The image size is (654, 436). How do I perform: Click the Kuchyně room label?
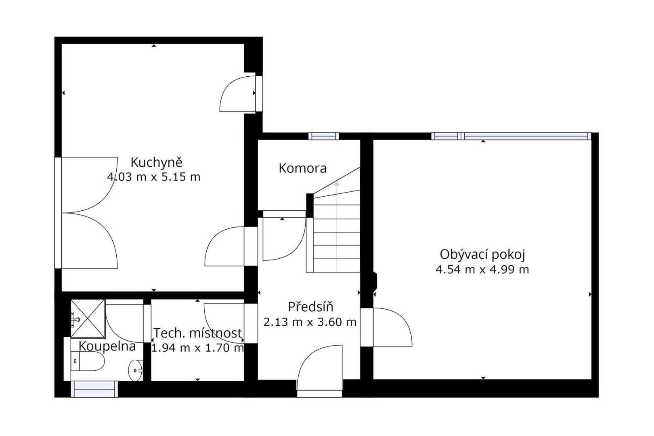click(157, 163)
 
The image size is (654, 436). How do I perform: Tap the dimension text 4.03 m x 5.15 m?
click(154, 177)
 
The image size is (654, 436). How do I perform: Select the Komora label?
click(302, 168)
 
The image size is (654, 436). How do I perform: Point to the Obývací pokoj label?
click(482, 255)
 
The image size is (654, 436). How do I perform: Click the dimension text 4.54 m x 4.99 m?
click(482, 269)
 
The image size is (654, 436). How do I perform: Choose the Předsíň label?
click(310, 307)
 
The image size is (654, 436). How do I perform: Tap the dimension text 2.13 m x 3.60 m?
click(310, 322)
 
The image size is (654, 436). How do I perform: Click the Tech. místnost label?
click(198, 333)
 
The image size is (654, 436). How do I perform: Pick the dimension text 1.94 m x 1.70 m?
click(198, 348)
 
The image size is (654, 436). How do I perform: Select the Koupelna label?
click(107, 346)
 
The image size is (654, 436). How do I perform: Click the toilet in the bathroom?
click(88, 361)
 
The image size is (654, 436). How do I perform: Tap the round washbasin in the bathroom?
click(136, 370)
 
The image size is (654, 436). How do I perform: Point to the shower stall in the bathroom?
click(88, 319)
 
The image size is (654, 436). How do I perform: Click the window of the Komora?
click(323, 136)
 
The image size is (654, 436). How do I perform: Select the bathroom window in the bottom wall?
click(94, 389)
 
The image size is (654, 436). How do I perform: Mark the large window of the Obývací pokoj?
click(511, 136)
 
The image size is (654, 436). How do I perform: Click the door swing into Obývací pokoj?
click(393, 327)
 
